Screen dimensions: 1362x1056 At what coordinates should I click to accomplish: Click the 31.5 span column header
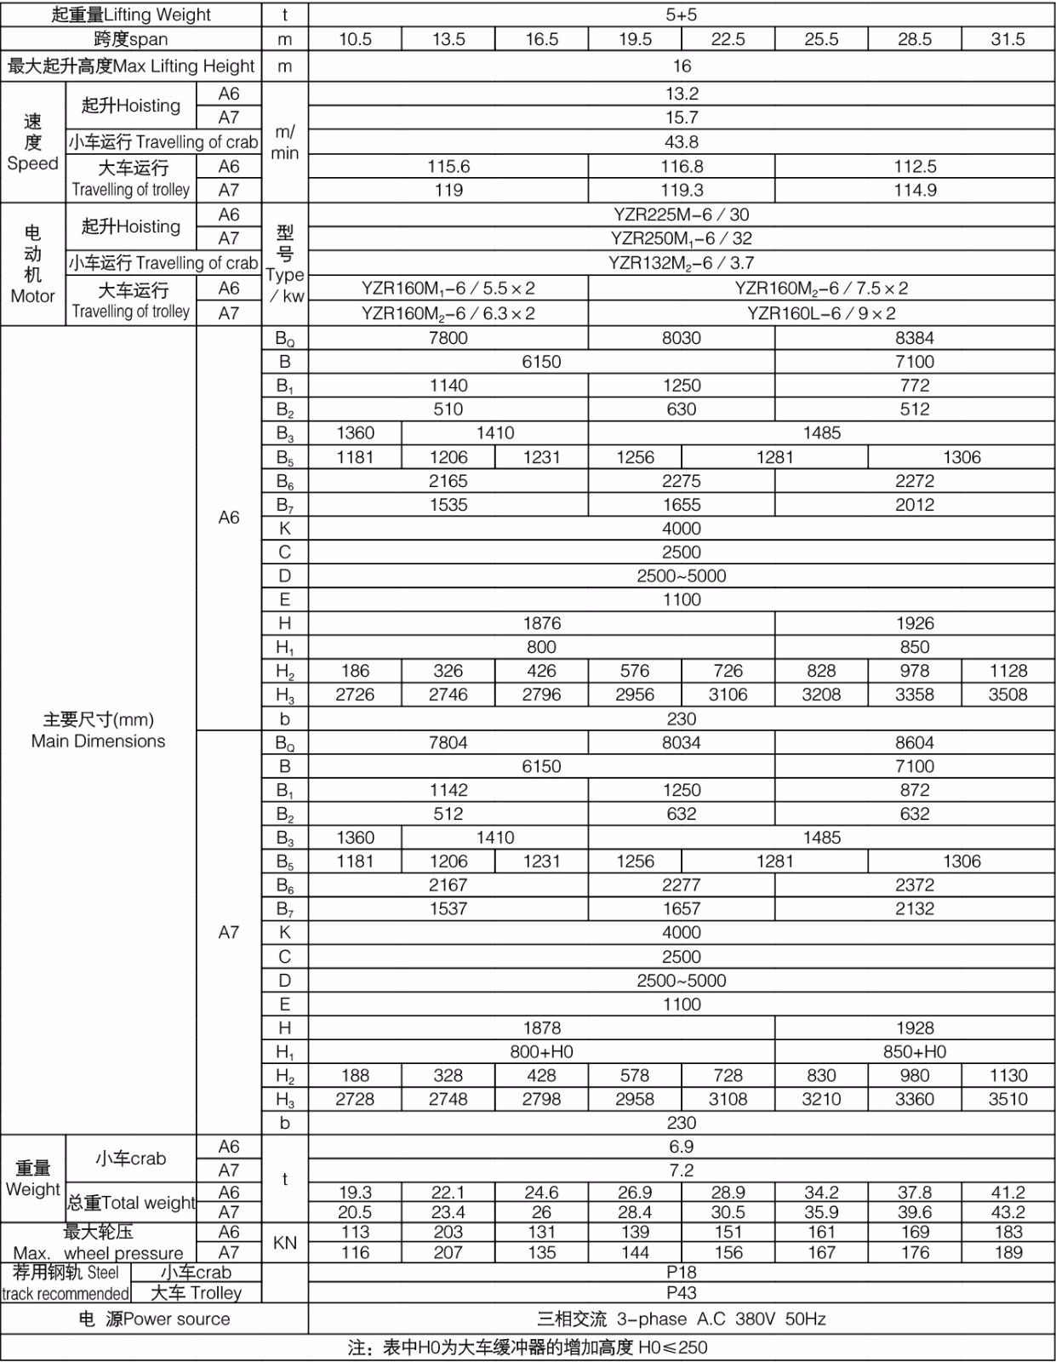[x=1007, y=39]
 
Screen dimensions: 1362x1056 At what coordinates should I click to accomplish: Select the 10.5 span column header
[x=355, y=39]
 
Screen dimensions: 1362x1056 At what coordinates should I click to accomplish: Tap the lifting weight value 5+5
[x=681, y=14]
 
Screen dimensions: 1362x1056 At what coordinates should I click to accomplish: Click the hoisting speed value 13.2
[x=681, y=94]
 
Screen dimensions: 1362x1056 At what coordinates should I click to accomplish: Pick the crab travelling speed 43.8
[x=681, y=142]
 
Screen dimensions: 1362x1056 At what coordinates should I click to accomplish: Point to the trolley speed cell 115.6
[x=448, y=167]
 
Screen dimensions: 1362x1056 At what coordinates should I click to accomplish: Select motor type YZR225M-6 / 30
[x=681, y=215]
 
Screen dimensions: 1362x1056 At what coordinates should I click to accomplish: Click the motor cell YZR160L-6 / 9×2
[x=821, y=313]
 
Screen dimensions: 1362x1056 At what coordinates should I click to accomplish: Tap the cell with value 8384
[x=915, y=338]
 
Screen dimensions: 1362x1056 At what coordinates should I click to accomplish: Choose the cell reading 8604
[x=915, y=742]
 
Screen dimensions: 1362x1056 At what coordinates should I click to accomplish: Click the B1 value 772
[x=915, y=386]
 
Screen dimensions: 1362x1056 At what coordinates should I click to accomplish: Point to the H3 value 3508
[x=1007, y=695]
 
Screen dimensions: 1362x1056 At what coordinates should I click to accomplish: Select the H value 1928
[x=915, y=1028]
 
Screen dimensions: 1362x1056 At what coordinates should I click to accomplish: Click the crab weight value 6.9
[x=681, y=1147]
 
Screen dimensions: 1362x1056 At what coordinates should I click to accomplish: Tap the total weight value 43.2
[x=1007, y=1212]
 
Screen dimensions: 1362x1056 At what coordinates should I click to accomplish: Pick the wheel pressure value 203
[x=448, y=1232]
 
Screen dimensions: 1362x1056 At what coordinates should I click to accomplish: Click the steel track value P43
[x=681, y=1293]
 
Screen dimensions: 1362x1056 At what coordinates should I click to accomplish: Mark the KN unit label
[x=285, y=1243]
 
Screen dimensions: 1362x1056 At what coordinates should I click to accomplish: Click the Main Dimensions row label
[x=98, y=730]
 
